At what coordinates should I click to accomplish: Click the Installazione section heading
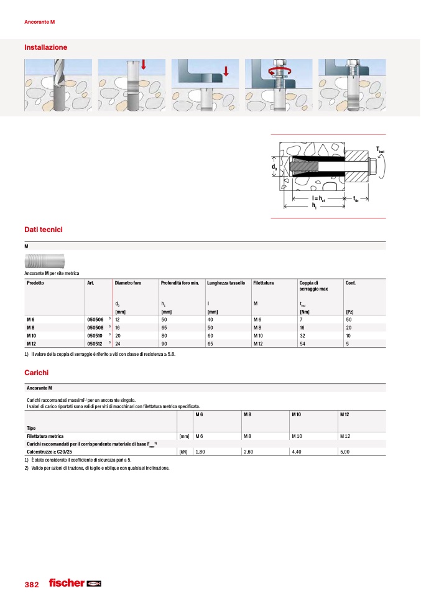coord(45,47)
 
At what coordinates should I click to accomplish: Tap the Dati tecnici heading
coord(44,230)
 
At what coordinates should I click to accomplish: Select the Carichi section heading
coord(36,373)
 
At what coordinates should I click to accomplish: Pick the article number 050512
coord(95,343)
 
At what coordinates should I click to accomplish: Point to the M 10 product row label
coord(33,335)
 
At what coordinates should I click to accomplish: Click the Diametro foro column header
coord(128,283)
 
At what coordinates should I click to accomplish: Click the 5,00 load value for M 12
coord(346,452)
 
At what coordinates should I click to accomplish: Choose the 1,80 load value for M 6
coord(200,452)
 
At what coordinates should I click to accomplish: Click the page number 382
coord(32,585)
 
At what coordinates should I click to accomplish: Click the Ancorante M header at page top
coord(40,22)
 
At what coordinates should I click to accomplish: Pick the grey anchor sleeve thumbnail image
coord(45,261)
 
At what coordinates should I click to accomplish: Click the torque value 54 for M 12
coord(303,343)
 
